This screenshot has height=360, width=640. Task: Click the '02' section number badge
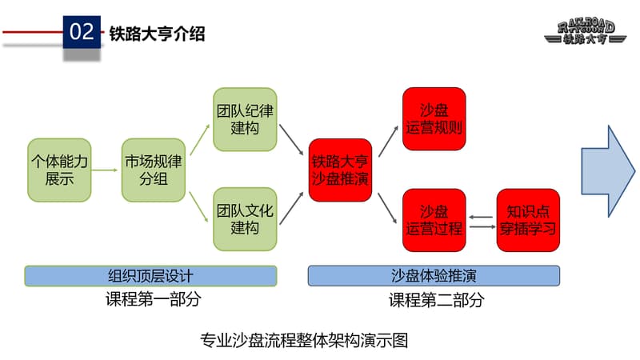82,33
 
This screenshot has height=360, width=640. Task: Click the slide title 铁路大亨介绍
157,33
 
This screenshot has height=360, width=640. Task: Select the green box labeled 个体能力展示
59,170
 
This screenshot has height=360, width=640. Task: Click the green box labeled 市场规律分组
154,170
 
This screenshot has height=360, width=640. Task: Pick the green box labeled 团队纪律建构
245,118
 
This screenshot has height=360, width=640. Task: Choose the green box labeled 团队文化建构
245,219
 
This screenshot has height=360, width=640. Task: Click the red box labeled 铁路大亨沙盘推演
340,170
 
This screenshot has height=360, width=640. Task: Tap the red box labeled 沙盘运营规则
434,118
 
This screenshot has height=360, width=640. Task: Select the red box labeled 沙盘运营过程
434,219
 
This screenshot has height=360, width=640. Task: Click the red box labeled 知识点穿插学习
527,219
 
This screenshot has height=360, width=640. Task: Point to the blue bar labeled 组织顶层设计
150,276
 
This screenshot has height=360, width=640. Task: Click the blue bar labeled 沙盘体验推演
434,276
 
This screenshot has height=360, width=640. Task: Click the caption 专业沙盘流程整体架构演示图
304,341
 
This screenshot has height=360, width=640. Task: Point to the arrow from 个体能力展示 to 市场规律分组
106,170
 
